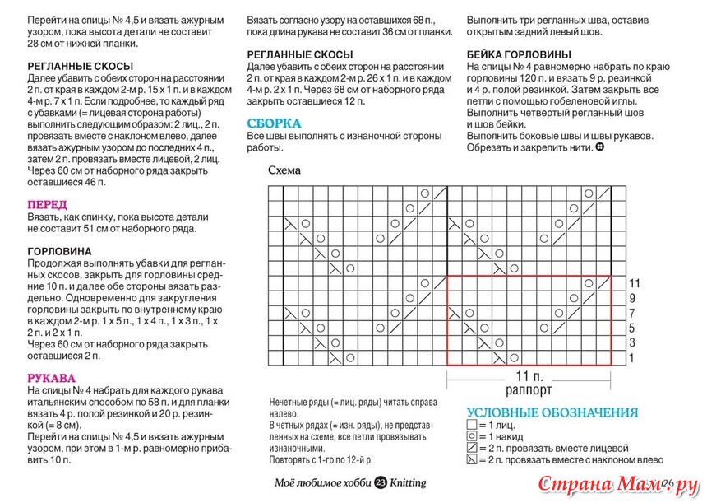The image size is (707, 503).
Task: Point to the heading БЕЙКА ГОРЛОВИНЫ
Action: tap(524, 54)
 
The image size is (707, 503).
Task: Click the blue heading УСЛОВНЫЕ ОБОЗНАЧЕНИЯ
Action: tap(552, 412)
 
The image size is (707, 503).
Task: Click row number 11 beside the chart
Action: tap(633, 282)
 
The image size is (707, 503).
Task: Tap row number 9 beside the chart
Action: tap(633, 297)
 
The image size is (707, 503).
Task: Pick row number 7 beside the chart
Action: tap(633, 313)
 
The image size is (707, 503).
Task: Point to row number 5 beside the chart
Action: tap(633, 328)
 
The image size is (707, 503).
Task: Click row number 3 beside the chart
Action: tap(633, 342)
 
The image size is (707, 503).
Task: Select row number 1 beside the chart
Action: tap(633, 358)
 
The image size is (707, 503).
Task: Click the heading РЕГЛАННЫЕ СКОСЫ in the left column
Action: tap(81, 65)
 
